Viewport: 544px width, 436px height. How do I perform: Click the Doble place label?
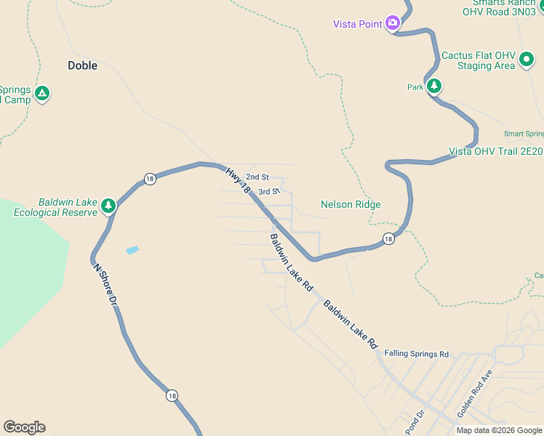82,65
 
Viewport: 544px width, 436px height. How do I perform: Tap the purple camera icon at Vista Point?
393,23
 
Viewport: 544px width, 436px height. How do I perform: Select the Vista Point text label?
358,24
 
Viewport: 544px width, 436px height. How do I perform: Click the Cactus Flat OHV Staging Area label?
478,60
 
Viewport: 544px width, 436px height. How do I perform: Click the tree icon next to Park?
434,86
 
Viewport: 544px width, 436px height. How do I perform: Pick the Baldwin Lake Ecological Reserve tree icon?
108,206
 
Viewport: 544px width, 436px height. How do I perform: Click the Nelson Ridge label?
351,205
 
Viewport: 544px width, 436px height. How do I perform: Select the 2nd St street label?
257,177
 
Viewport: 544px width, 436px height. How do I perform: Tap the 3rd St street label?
269,192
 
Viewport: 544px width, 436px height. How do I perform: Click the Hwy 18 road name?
237,180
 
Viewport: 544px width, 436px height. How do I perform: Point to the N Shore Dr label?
105,284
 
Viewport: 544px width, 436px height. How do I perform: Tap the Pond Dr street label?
415,422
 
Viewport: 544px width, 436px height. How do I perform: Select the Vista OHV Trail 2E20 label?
495,151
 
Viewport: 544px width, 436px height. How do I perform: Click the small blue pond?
132,250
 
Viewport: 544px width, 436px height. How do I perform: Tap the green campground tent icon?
42,93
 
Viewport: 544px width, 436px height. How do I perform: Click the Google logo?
24,427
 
